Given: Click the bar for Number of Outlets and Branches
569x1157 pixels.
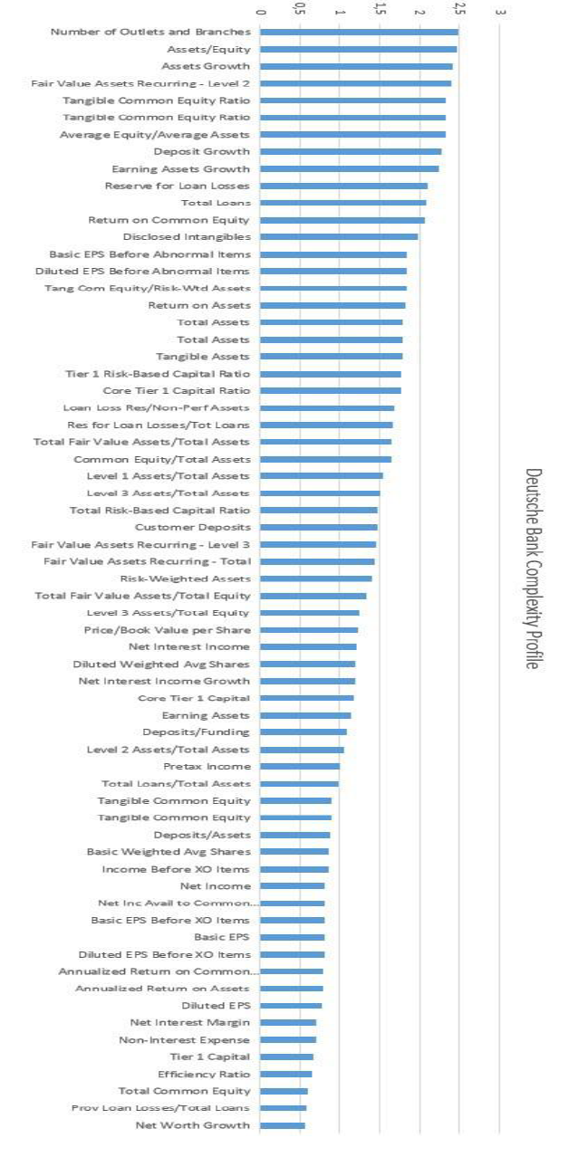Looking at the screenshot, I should [x=360, y=33].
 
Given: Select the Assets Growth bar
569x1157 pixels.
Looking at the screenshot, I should [x=357, y=66].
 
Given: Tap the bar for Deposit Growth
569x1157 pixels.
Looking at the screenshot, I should [x=352, y=152].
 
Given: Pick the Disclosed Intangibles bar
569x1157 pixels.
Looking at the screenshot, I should [x=340, y=237].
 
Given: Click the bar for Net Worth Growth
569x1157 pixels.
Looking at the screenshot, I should [x=283, y=1125].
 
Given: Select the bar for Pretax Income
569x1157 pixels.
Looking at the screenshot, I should [x=300, y=767].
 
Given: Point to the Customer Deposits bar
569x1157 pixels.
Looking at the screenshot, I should [x=319, y=527].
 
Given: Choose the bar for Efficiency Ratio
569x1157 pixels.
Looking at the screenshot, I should [x=286, y=1075].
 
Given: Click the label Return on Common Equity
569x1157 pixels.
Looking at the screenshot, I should [x=169, y=220].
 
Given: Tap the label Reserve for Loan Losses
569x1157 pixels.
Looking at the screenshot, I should [x=177, y=186].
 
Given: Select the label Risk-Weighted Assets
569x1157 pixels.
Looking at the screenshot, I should [x=185, y=578].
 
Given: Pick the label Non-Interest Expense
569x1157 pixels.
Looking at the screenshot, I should [x=184, y=1040].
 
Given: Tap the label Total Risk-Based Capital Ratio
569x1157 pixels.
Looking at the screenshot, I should [x=159, y=511].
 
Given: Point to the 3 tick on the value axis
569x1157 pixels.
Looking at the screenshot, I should [x=499, y=14].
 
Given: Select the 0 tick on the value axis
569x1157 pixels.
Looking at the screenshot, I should [x=261, y=14].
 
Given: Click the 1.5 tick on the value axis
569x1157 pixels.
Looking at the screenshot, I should [x=380, y=12].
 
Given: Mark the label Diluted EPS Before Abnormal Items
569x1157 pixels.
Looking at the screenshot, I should [x=142, y=272].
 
